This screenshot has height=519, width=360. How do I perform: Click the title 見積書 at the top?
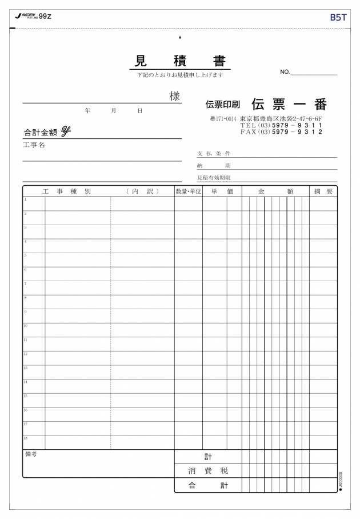point(180,61)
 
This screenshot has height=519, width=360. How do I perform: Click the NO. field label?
point(285,72)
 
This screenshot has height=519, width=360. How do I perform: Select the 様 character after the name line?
point(174,97)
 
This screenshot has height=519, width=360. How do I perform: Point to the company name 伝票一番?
point(289,105)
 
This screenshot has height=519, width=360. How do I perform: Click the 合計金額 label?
point(41,132)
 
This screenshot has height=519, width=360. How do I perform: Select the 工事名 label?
point(34,145)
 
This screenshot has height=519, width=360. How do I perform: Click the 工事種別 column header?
point(66,191)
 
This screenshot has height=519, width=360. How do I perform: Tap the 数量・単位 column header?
point(188,191)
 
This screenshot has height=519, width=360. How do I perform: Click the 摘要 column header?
point(323,191)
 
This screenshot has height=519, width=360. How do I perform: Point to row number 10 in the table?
point(26,326)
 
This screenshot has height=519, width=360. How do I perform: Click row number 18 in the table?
point(26,438)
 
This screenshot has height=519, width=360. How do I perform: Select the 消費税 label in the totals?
point(208,471)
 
